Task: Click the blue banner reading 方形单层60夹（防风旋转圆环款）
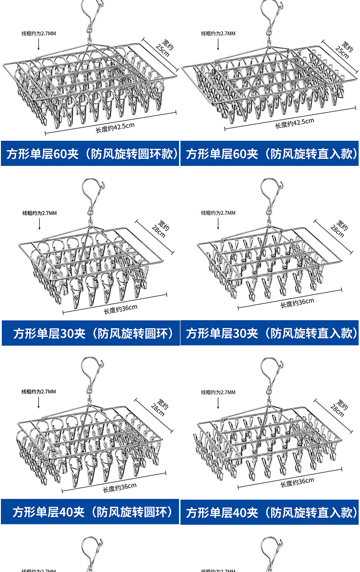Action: pos(90,154)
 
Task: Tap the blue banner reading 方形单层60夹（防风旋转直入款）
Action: pos(270,154)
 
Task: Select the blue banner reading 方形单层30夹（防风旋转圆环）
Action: pos(90,333)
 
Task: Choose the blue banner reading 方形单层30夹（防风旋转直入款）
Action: pos(270,333)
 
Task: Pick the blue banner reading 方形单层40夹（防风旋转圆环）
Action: pos(90,512)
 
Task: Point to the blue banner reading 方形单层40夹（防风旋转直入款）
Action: pos(270,512)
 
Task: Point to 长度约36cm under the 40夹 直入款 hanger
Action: pos(297,483)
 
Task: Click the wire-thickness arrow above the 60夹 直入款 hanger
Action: pos(218,44)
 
